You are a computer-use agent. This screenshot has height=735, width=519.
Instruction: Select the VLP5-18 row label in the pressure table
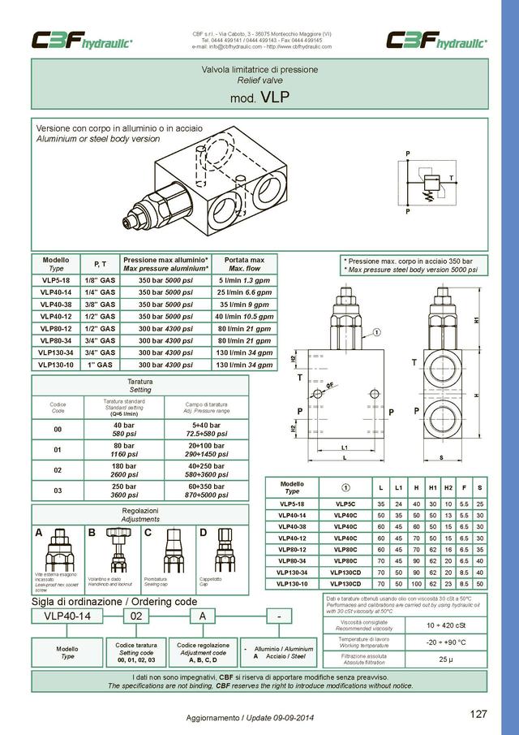pos(56,279)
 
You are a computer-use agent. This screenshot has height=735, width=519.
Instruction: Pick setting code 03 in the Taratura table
pos(57,491)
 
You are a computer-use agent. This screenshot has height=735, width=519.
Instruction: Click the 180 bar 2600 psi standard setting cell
pos(124,470)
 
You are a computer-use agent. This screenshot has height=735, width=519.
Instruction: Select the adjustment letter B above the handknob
pos(91,533)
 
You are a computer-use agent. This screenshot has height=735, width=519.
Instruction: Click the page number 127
pos(478,715)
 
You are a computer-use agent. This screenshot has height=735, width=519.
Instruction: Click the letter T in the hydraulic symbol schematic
pos(451,178)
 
